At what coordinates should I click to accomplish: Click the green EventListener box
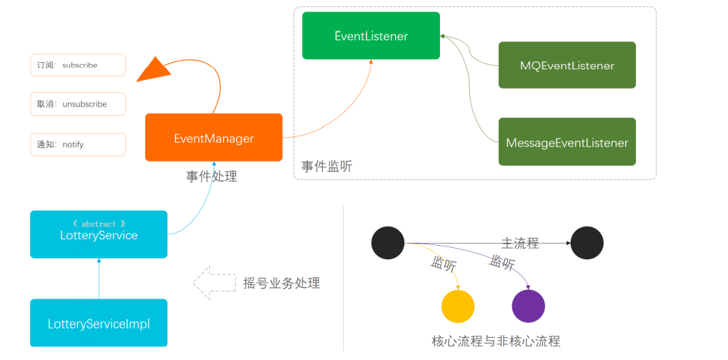[371, 36]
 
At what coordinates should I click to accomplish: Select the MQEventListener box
[567, 66]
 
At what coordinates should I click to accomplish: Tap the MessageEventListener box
[567, 142]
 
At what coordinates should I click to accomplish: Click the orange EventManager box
[214, 138]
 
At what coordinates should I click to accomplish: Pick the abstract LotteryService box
[99, 234]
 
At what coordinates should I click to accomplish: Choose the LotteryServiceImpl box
[99, 323]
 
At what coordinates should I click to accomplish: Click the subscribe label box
[78, 65]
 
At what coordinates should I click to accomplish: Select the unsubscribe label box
[78, 104]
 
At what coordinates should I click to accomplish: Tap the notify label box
[78, 144]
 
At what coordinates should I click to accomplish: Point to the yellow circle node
[458, 306]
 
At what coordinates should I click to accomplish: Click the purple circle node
[529, 306]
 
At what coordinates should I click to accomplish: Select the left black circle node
[388, 243]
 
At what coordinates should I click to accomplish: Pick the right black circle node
[587, 243]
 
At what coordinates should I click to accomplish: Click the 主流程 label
[519, 244]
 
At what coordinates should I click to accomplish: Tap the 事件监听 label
[326, 166]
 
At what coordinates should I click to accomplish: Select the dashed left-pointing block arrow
[214, 283]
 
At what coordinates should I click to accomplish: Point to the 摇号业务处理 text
[281, 283]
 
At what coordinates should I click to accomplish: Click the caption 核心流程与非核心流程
[496, 341]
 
